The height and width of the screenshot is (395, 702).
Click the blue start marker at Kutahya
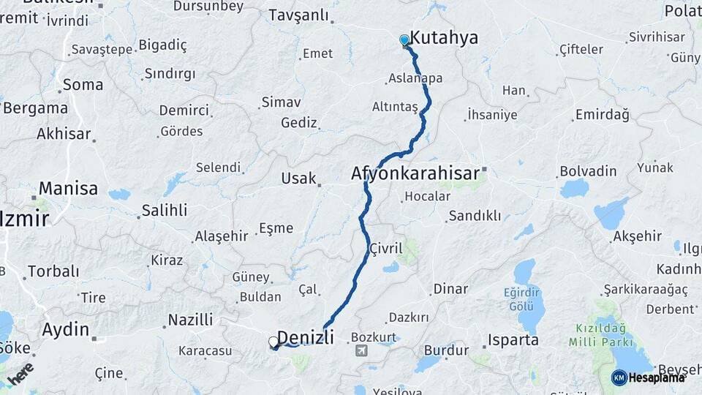pyautogui.click(x=404, y=40)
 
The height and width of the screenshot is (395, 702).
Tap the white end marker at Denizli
pyautogui.click(x=273, y=342)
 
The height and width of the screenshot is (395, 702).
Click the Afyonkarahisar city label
pyautogui.click(x=415, y=174)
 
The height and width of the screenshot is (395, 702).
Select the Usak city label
pyautogui.click(x=298, y=178)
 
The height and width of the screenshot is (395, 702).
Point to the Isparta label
pyautogui.click(x=514, y=340)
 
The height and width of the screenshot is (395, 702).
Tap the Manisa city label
pyautogui.click(x=68, y=188)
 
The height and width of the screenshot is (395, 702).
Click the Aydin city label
pyautogui.click(x=65, y=328)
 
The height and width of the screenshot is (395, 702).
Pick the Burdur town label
pyautogui.click(x=446, y=350)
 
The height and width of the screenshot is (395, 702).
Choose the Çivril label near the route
pyautogui.click(x=386, y=248)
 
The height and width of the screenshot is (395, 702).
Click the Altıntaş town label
pyautogui.click(x=394, y=107)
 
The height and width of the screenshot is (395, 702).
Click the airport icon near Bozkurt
pyautogui.click(x=361, y=351)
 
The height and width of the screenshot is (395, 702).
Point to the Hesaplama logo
pyautogui.click(x=648, y=377)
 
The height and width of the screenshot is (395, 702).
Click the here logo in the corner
pyautogui.click(x=20, y=374)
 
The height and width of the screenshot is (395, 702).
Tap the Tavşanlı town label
pyautogui.click(x=300, y=15)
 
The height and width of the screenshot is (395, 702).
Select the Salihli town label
pyautogui.click(x=165, y=210)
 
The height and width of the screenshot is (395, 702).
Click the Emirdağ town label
pyautogui.click(x=602, y=115)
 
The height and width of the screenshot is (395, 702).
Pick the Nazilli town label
pyautogui.click(x=190, y=320)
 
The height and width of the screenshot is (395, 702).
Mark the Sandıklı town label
pyautogui.click(x=475, y=216)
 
